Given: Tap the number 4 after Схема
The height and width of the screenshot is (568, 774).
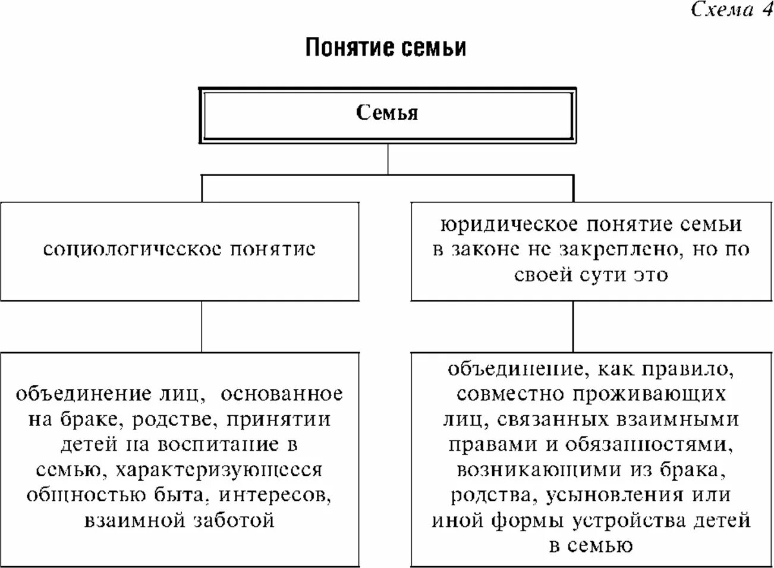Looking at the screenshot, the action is click(765, 10).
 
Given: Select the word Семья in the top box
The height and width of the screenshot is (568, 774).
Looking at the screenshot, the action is click(387, 112).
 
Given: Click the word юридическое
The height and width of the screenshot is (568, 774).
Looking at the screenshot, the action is click(509, 224).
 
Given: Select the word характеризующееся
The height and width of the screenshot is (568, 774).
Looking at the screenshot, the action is click(219, 470).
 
